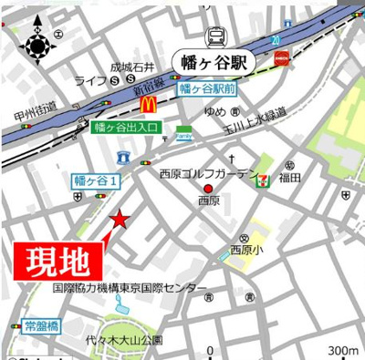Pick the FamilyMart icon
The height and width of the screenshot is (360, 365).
183,132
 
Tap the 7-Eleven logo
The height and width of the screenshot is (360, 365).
263,179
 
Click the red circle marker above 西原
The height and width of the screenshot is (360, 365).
208,189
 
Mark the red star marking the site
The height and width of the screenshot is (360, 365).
120,219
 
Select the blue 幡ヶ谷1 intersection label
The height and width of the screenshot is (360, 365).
97,180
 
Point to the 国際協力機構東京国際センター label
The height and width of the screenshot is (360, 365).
130,289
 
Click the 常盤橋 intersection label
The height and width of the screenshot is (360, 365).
41,325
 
